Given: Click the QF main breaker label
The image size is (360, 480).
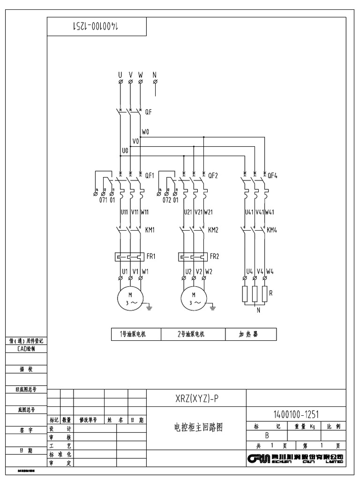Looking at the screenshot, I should (x=148, y=112).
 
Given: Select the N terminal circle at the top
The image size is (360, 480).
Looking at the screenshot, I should (x=155, y=82).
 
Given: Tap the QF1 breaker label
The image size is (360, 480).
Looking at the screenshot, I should (x=150, y=176).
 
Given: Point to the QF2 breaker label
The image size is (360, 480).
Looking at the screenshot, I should (x=213, y=176).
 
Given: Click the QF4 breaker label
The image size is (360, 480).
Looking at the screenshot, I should (x=272, y=176).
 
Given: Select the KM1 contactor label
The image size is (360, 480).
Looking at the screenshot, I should (x=150, y=230).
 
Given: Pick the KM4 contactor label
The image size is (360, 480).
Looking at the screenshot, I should (x=272, y=230).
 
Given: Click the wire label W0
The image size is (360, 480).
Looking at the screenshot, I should (x=145, y=133).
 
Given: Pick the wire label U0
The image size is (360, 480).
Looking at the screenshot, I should (x=125, y=150).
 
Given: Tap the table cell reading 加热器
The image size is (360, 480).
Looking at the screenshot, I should (x=250, y=334).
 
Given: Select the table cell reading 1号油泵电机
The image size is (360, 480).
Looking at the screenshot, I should (x=136, y=334).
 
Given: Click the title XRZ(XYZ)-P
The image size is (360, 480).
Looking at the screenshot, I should (x=197, y=399).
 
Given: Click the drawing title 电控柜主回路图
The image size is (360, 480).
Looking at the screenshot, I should (x=197, y=427).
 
